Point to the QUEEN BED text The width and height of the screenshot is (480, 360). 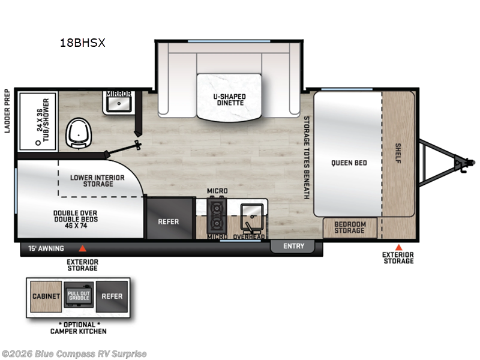click(x=348, y=163)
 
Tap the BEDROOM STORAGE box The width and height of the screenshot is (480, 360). click(x=350, y=227)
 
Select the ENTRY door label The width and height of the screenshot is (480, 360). click(x=293, y=246)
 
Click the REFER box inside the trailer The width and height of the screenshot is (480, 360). click(x=169, y=221)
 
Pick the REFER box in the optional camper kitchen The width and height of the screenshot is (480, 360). click(x=112, y=296)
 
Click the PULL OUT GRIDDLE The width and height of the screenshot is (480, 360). click(x=78, y=296)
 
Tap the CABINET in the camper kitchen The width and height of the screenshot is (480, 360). click(x=46, y=296)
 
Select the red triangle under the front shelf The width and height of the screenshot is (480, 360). click(x=398, y=247)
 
